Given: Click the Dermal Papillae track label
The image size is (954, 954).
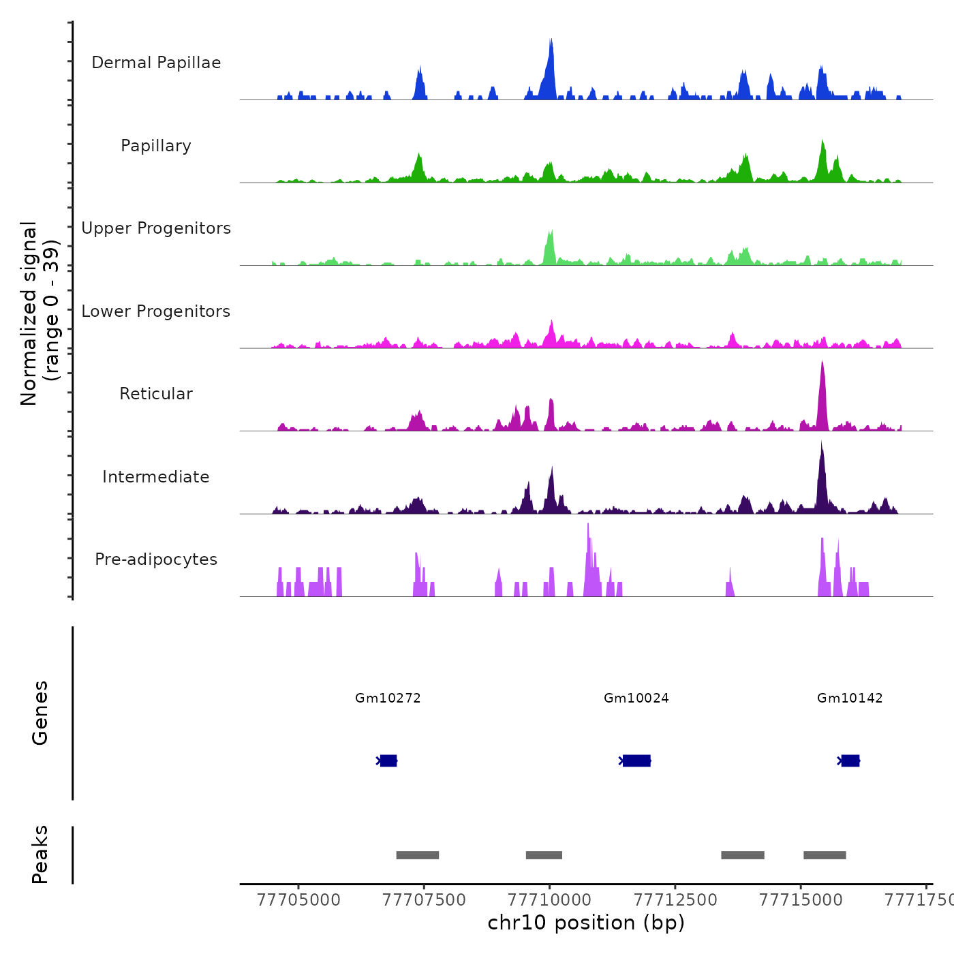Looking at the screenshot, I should click(156, 63).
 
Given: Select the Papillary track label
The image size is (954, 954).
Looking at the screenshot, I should click(156, 146).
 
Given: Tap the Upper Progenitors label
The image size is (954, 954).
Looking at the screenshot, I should click(156, 228).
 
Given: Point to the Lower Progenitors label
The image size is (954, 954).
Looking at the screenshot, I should click(156, 311).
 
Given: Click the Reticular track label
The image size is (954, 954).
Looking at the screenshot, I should click(156, 394).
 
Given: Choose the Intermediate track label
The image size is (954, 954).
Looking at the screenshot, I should click(156, 477).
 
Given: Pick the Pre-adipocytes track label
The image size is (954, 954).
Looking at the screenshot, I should click(156, 559).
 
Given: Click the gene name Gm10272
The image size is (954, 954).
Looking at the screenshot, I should click(388, 698).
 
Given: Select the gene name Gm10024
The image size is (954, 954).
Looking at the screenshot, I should click(636, 698).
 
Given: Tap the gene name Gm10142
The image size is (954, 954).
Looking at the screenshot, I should click(850, 698).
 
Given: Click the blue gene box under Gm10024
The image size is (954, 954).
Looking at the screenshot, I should click(636, 760).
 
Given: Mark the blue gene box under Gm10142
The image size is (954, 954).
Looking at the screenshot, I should click(850, 760).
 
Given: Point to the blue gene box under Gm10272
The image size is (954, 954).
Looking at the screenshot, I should click(388, 760).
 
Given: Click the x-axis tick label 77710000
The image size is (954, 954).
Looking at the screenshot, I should click(550, 900).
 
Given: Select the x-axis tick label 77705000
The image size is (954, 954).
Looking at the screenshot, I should click(298, 900).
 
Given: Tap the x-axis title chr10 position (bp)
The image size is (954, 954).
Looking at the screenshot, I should click(586, 923).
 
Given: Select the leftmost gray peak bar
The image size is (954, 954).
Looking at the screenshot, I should click(418, 855).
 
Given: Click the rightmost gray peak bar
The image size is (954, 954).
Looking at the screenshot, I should click(825, 855).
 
